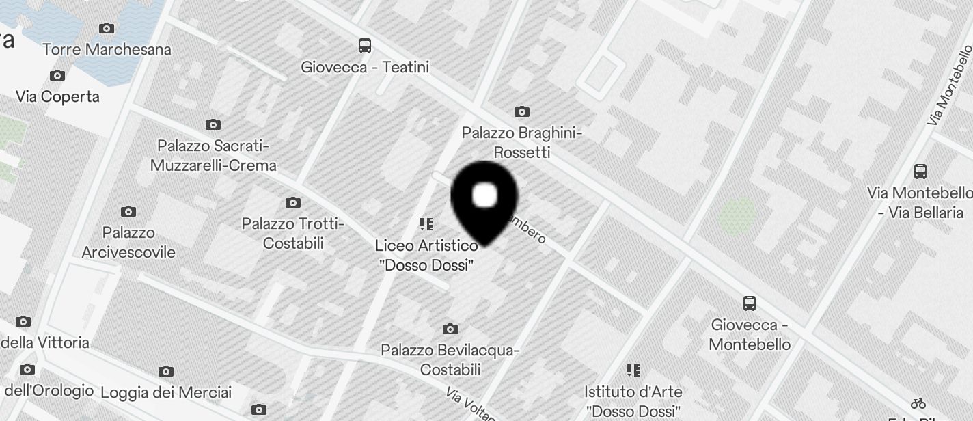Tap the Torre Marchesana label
point(107,50)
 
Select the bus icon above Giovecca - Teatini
point(365,46)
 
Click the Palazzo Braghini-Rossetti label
point(522,142)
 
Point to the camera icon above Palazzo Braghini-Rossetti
point(522,111)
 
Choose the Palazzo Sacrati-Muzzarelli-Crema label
point(213,156)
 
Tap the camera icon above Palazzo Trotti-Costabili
point(293,203)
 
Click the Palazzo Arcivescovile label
point(128,243)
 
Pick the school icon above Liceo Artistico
point(426,224)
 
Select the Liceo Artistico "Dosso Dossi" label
point(426,255)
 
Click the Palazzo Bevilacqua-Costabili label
point(450,360)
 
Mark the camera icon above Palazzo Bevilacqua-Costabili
point(450,329)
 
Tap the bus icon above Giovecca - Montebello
point(750,303)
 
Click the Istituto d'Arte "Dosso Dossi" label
point(633,402)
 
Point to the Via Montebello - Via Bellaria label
point(920,203)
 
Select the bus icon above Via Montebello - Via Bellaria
point(920,172)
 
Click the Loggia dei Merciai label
point(166,393)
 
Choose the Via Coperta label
point(57,97)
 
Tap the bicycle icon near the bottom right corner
point(918,403)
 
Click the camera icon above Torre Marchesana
point(106,28)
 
